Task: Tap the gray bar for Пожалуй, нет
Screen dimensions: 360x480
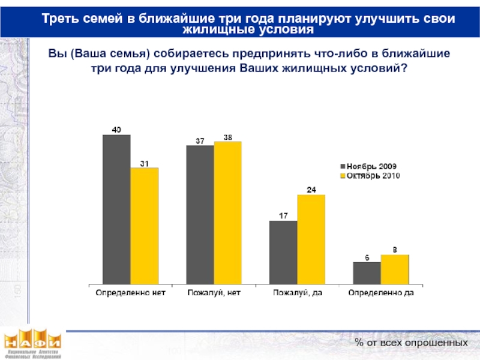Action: (200, 214)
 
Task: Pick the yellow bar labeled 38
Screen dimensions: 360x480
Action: (227, 212)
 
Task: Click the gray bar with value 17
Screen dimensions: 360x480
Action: (283, 252)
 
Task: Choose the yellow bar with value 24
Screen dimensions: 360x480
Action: (311, 239)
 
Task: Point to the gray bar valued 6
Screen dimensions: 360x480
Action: (367, 272)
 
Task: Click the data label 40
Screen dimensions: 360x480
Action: (116, 129)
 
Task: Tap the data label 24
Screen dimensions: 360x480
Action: (311, 190)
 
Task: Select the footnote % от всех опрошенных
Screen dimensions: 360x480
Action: (410, 342)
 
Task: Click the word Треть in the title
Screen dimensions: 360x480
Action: (62, 18)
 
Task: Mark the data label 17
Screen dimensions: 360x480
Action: (283, 215)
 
